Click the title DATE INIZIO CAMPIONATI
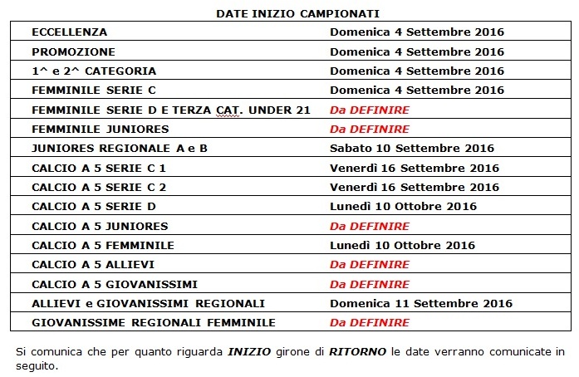286,14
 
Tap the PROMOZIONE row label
73,51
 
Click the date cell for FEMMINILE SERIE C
417,90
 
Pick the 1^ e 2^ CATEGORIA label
94,71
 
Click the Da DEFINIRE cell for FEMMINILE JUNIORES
370,129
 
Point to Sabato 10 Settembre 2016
412,149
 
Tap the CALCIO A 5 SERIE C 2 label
99,187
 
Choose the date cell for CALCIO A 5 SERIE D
403,206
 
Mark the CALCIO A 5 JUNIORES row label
100,226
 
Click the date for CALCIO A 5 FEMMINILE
403,245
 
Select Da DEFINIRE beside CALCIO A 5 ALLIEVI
370,264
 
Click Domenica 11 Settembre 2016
420,303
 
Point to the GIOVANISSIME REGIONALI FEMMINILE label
154,322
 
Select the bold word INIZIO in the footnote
248,352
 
